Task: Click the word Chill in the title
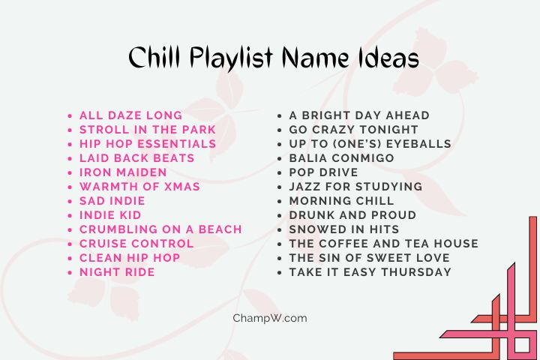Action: [x=156, y=58]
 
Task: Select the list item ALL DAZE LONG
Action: [x=130, y=115]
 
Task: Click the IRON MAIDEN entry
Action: [x=123, y=172]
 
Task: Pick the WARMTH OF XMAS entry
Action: [x=139, y=187]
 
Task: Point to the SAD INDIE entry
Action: [x=112, y=201]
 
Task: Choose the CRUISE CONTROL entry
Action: [x=136, y=244]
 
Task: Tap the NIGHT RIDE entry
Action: [x=117, y=272]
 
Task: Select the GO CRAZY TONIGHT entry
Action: [x=354, y=130]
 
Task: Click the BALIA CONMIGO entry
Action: [x=341, y=158]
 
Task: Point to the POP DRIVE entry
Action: [x=324, y=172]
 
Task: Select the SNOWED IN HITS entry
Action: [x=344, y=229]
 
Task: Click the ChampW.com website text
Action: [x=270, y=318]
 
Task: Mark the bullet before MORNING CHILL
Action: [x=280, y=202]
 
